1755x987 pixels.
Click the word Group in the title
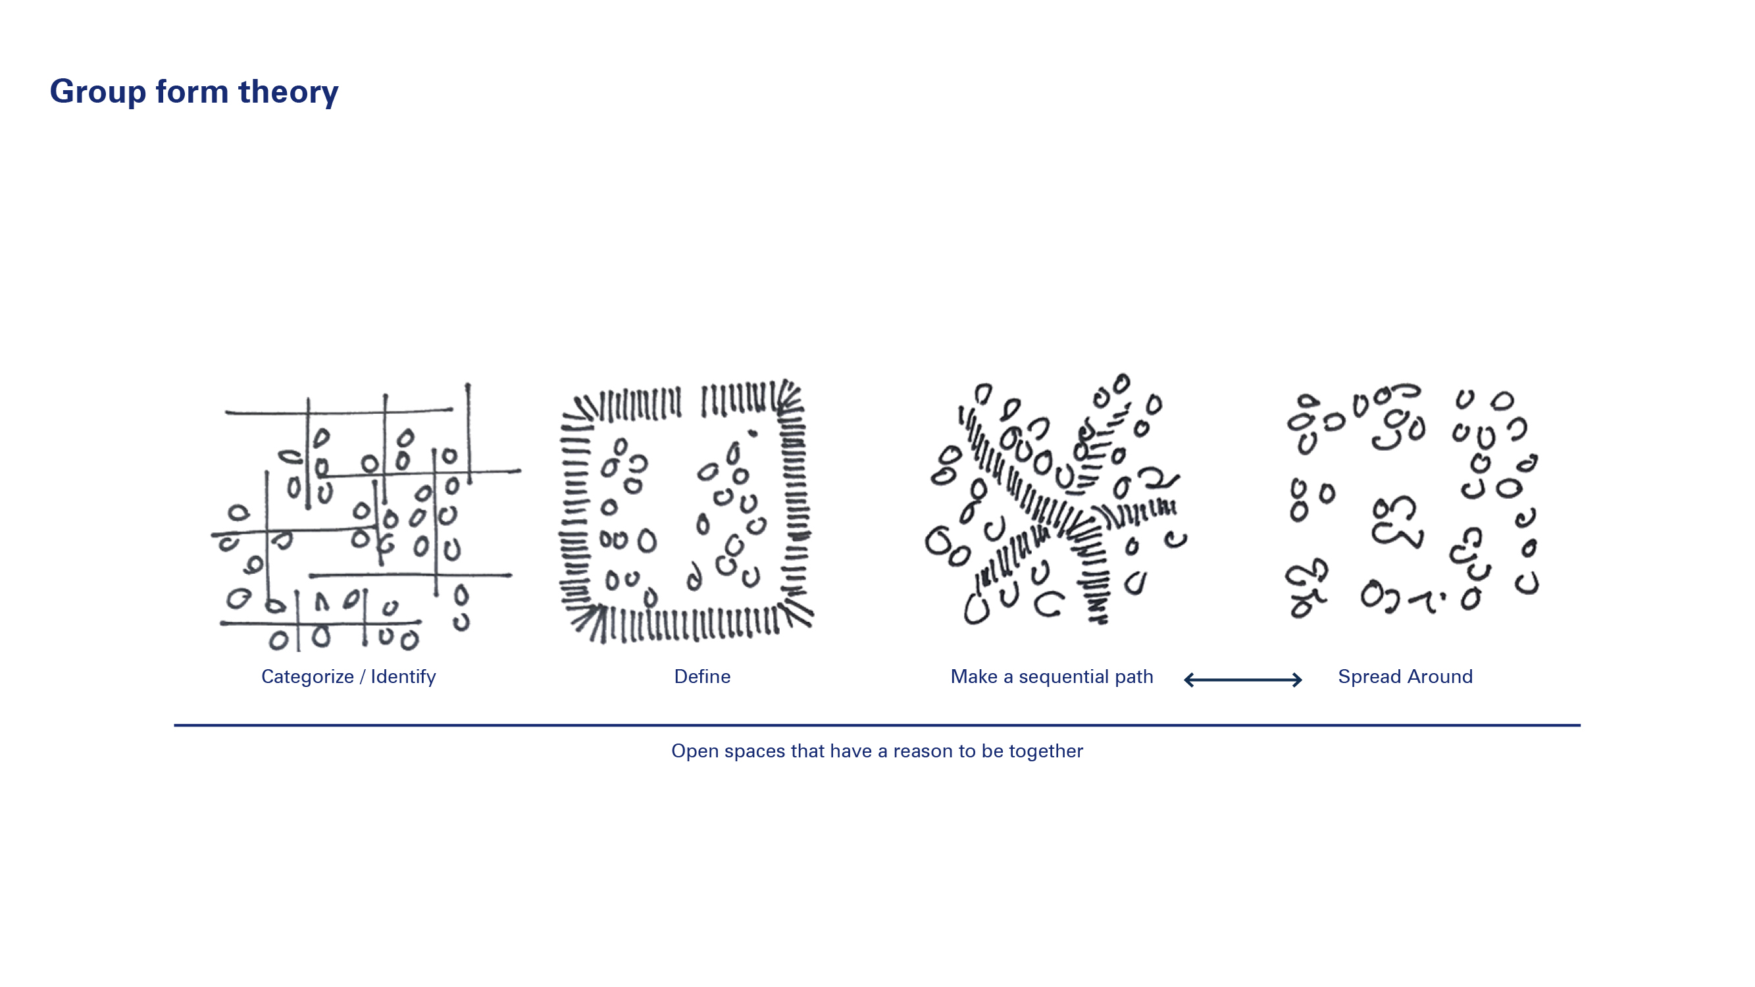tap(97, 92)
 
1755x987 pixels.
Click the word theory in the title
tap(288, 92)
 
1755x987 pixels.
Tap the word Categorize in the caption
tap(307, 676)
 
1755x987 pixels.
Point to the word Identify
tap(403, 676)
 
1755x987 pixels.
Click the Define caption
tap(701, 676)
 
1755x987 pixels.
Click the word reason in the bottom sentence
tap(923, 751)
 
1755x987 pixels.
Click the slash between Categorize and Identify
tap(362, 676)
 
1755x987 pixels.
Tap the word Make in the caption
tap(973, 676)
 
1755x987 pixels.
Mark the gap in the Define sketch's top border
tap(691, 402)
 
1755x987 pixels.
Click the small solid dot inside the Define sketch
tap(752, 432)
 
